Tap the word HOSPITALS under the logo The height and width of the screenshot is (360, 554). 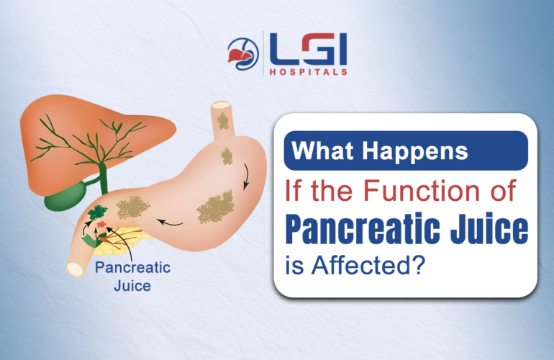tap(308, 72)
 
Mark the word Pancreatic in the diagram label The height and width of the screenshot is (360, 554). tap(132, 269)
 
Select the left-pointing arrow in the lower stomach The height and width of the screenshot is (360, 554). tap(170, 222)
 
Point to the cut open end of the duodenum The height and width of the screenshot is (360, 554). tap(74, 269)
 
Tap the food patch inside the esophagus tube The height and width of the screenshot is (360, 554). tap(223, 122)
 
